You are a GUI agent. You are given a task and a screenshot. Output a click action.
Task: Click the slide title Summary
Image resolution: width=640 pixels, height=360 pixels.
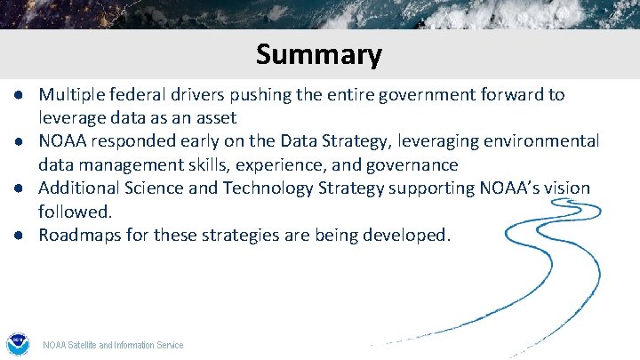coord(319,54)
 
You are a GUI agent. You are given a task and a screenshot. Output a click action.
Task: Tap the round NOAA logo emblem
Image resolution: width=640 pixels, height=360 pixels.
coord(17,344)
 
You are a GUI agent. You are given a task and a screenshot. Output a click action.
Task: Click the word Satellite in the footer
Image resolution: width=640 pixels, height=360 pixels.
coord(84,345)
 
